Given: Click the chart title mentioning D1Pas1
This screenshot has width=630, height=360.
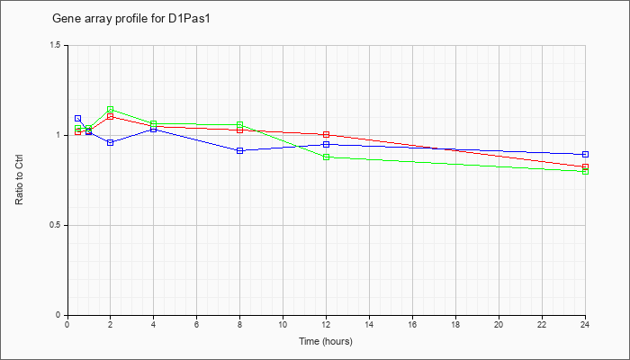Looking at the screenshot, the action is click(x=131, y=19).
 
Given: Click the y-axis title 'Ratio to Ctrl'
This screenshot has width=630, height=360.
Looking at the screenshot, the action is click(x=19, y=180).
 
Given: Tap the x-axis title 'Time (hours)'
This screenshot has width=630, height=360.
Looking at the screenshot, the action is click(x=326, y=341).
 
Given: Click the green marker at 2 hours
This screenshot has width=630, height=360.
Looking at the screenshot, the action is click(x=110, y=109).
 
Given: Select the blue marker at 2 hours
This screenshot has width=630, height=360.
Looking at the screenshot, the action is click(x=110, y=142).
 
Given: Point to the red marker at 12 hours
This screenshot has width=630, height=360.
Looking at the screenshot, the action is click(x=326, y=135).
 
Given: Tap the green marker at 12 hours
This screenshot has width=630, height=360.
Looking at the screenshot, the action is click(x=326, y=157).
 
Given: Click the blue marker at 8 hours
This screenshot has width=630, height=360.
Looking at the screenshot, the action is click(x=240, y=150).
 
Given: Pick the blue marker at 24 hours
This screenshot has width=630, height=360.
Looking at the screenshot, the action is click(x=585, y=154).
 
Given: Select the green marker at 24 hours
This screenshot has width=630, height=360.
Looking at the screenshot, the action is click(x=585, y=172).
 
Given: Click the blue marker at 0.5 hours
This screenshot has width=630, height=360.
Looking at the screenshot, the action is click(x=78, y=119).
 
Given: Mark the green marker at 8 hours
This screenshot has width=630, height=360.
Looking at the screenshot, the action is click(x=240, y=125).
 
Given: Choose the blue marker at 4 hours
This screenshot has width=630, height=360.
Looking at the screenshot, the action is click(x=154, y=129).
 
